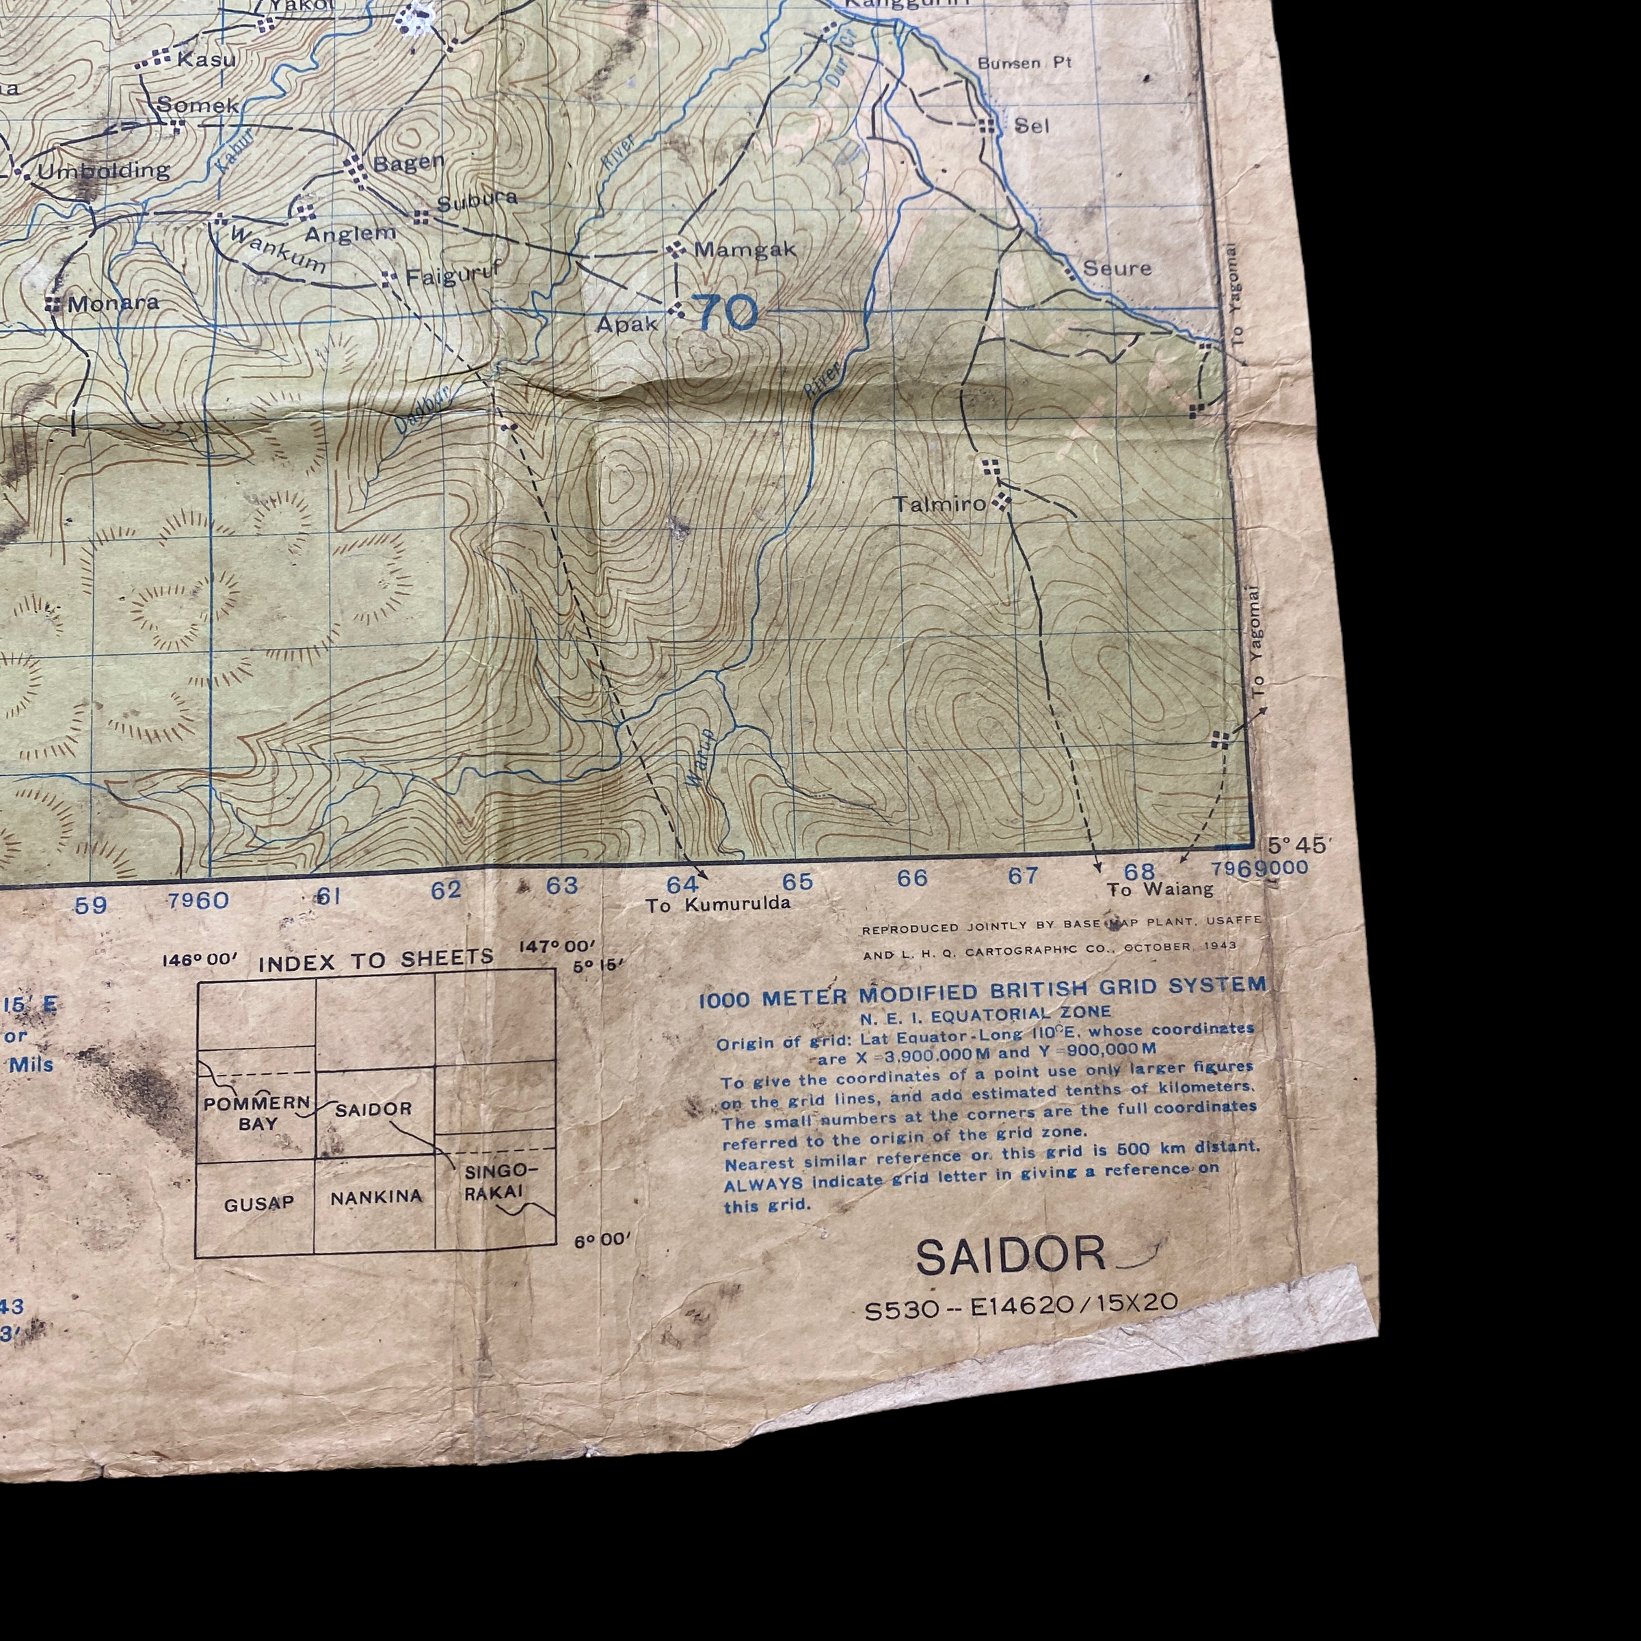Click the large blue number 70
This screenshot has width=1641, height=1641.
pyautogui.click(x=726, y=312)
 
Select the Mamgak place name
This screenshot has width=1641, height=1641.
pyautogui.click(x=745, y=250)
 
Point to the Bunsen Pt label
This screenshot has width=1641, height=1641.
pyautogui.click(x=1024, y=63)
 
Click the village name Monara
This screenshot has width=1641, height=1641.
pyautogui.click(x=113, y=303)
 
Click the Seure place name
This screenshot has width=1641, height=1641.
pyautogui.click(x=1117, y=269)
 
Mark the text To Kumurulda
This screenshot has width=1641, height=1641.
pyautogui.click(x=718, y=905)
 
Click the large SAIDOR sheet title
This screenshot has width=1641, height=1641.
pyautogui.click(x=1011, y=1257)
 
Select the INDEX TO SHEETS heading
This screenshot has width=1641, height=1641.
pyautogui.click(x=375, y=961)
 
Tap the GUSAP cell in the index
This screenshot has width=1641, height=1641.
pyautogui.click(x=259, y=1203)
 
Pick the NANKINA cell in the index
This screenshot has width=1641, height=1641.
pyautogui.click(x=376, y=1197)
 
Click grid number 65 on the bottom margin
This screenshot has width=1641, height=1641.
pyautogui.click(x=797, y=881)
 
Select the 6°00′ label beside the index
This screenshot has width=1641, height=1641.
pyautogui.click(x=602, y=1241)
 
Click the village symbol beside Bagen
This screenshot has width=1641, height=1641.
pyautogui.click(x=358, y=171)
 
